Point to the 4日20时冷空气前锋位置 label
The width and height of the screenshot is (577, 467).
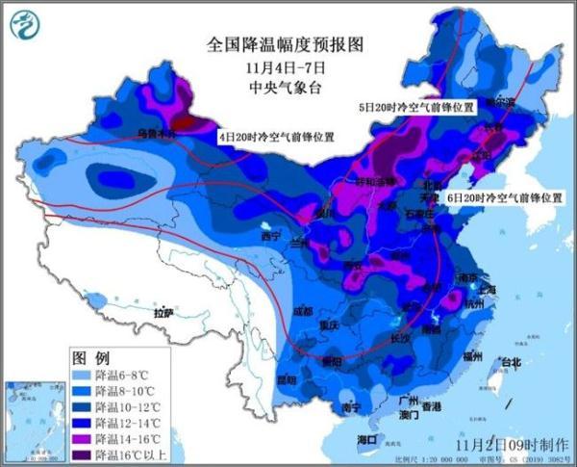coord(276,137)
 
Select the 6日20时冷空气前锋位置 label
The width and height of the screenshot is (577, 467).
coord(505,196)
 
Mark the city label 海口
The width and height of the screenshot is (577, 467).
coord(366,439)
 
